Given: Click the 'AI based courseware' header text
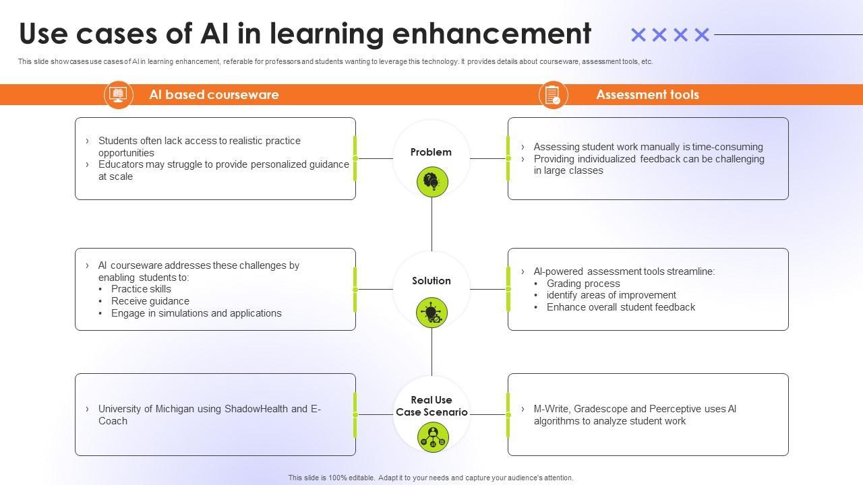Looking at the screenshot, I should [x=214, y=95].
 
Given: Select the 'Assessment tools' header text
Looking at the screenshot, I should [x=647, y=95].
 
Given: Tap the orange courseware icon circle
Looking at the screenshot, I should [x=119, y=95].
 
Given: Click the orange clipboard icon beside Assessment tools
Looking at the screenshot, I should [x=554, y=95].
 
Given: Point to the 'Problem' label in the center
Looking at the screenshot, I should [x=431, y=152].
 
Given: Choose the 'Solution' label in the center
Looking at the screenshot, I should [x=431, y=281].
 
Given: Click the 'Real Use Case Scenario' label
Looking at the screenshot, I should [x=431, y=406].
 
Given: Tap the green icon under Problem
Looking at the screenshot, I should [x=432, y=182].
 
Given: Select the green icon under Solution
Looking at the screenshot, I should [x=432, y=313].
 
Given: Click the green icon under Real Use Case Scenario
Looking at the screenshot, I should [x=432, y=437].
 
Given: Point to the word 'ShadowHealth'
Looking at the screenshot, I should [x=256, y=409].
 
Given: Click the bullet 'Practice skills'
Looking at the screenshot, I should [x=141, y=289].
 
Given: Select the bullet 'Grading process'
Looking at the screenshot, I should [x=583, y=284].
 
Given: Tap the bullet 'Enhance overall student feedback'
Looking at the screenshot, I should [x=620, y=307].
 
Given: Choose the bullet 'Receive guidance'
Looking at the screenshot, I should [x=150, y=301].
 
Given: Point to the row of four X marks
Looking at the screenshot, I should [x=670, y=34].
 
